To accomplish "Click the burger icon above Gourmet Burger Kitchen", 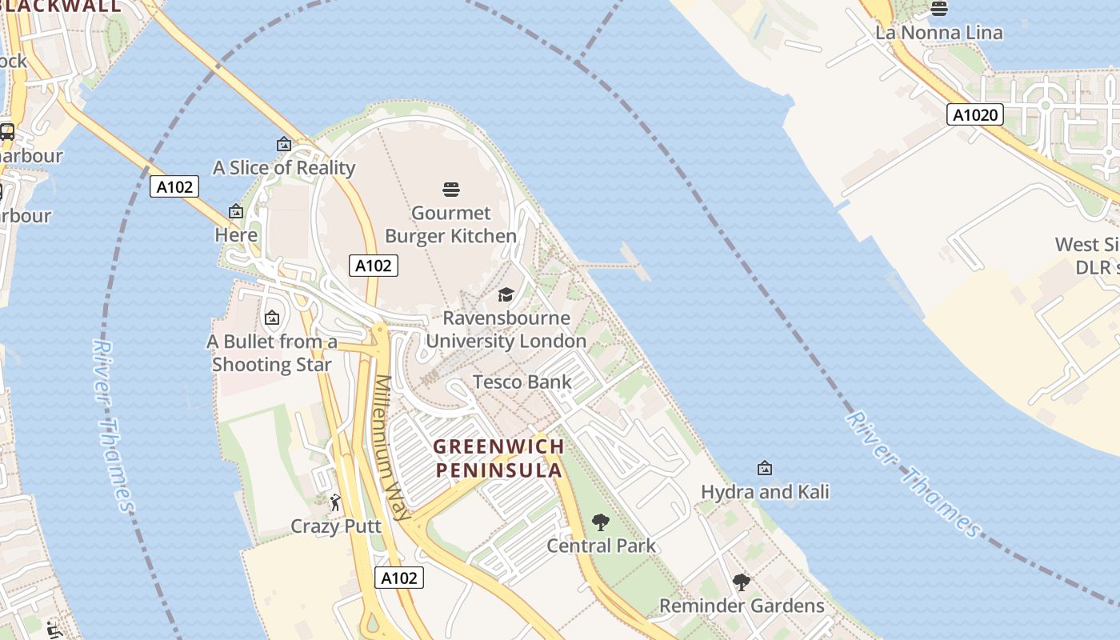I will pyautogui.click(x=451, y=190).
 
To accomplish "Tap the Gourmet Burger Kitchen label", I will pyautogui.click(x=451, y=225).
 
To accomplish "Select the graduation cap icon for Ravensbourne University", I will pyautogui.click(x=506, y=295).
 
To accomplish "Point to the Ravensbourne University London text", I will pyautogui.click(x=506, y=330).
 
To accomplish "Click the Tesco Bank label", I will pyautogui.click(x=522, y=382).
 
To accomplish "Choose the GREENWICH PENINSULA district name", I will pyautogui.click(x=499, y=458).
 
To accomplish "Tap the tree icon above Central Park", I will pyautogui.click(x=600, y=523).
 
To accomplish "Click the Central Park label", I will pyautogui.click(x=601, y=546).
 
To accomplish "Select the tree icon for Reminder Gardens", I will pyautogui.click(x=742, y=582).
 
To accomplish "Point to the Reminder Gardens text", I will pyautogui.click(x=742, y=606).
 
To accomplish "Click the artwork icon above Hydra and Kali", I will pyautogui.click(x=765, y=468).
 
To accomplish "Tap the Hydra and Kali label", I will pyautogui.click(x=765, y=491).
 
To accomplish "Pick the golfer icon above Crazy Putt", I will pyautogui.click(x=335, y=503).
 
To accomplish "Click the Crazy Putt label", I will pyautogui.click(x=336, y=526).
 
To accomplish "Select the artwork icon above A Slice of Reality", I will pyautogui.click(x=284, y=144).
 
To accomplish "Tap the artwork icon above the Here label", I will pyautogui.click(x=236, y=212).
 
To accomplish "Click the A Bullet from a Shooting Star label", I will pyautogui.click(x=272, y=354).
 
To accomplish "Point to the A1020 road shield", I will pyautogui.click(x=975, y=115).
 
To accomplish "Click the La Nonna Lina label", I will pyautogui.click(x=939, y=33).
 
